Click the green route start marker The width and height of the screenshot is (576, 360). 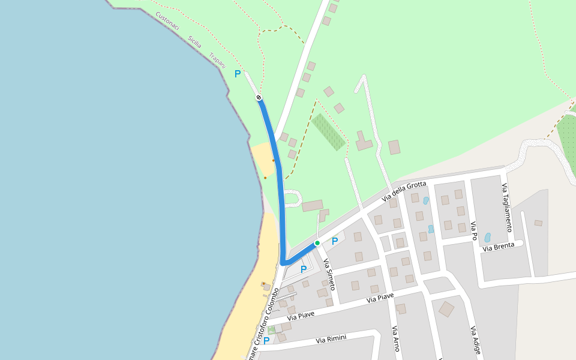[x=317, y=243]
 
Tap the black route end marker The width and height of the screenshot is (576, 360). [x=259, y=97]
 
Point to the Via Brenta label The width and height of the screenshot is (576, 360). [x=499, y=247]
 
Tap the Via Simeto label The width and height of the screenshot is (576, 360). [x=329, y=274]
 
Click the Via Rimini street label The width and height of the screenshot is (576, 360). [x=331, y=340]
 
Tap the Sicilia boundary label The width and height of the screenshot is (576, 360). [x=194, y=42]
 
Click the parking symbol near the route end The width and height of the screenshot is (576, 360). [x=238, y=74]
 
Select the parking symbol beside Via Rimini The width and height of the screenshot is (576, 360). [x=266, y=340]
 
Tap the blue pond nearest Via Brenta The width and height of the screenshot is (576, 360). [x=487, y=238]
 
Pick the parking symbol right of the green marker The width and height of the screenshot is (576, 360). [x=335, y=241]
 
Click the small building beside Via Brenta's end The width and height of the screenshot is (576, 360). [x=538, y=223]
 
